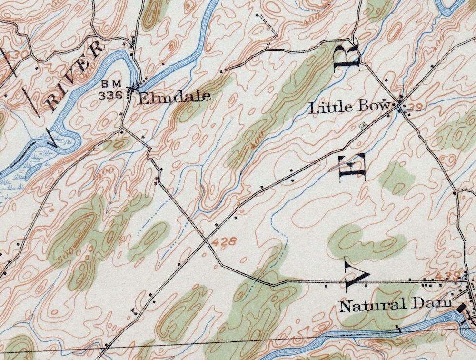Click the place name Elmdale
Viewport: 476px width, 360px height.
coord(174,97)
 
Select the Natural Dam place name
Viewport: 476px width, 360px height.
coord(395,304)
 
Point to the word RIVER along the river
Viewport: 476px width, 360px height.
coord(76,77)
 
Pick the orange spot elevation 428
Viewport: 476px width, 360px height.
coord(224,242)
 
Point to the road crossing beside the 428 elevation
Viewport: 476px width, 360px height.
coord(207,240)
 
